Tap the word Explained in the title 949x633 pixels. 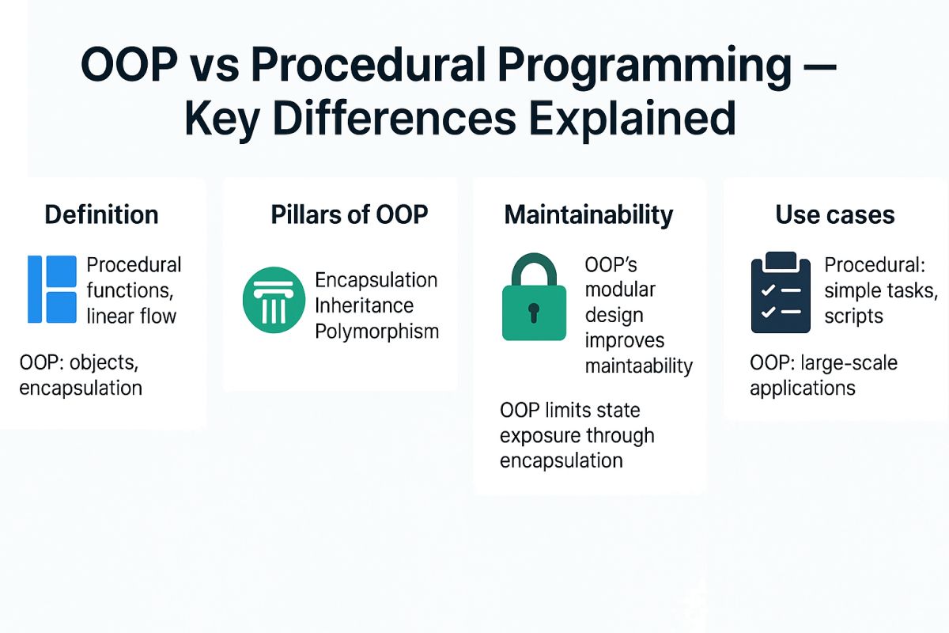pos(632,119)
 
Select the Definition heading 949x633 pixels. pos(102,214)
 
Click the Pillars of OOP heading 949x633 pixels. pos(349,214)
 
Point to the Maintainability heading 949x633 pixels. pos(588,215)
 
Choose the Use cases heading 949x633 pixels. pos(834,214)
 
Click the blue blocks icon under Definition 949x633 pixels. pos(52,289)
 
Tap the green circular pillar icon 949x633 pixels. pos(274,300)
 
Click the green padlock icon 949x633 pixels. pos(534,297)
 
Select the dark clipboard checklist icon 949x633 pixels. pos(781,293)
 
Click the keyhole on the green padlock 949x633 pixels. pos(534,313)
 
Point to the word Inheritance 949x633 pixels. pos(364,305)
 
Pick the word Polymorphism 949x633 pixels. pos(376,332)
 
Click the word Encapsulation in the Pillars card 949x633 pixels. pos(376,280)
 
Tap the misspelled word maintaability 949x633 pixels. pos(638,366)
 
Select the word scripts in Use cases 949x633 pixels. pos(853,316)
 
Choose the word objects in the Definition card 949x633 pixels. pos(104,363)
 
